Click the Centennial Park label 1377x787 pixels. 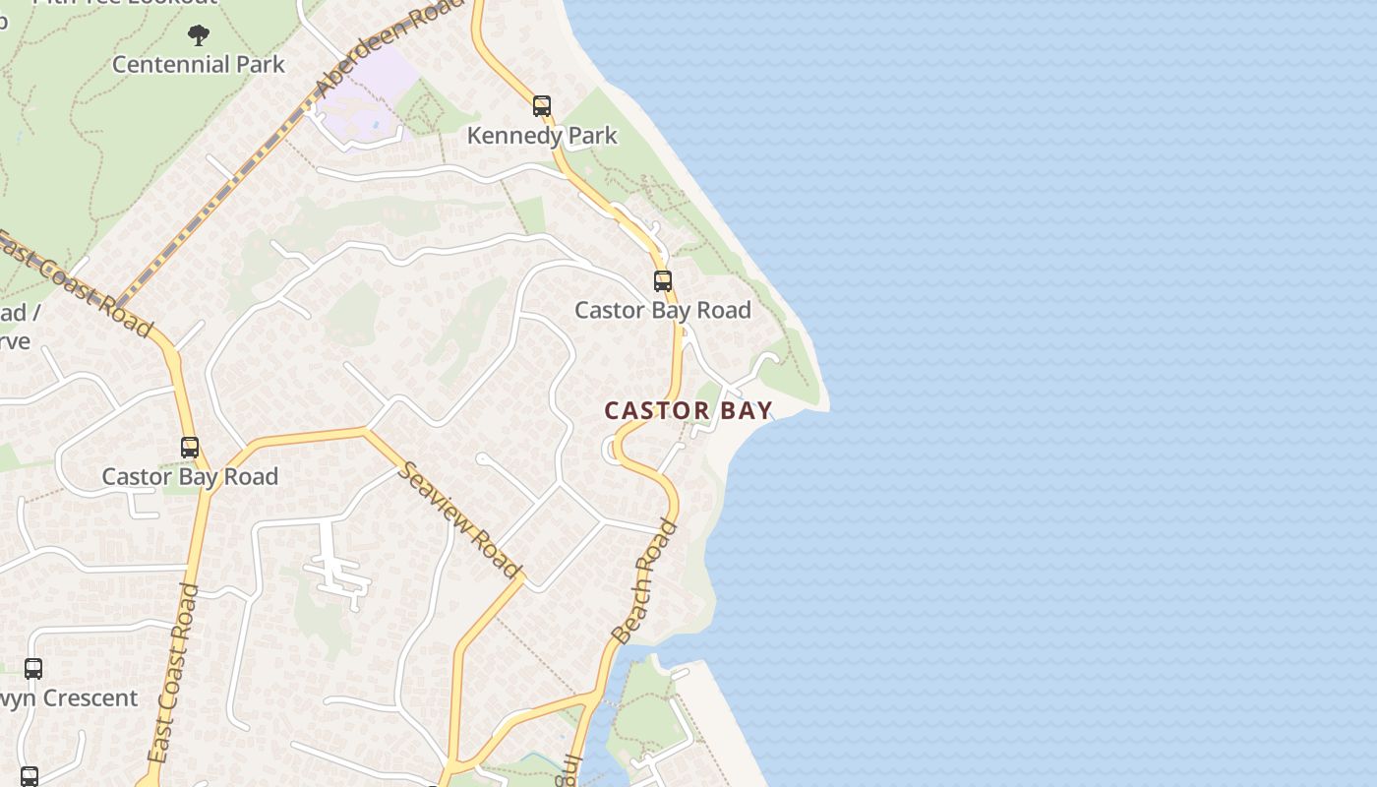198,65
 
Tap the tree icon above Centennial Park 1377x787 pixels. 199,36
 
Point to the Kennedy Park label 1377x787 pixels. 542,136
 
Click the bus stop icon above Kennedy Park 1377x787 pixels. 542,106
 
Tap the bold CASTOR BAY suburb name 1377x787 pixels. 688,410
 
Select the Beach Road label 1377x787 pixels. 645,582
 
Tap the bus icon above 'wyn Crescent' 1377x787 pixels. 33,669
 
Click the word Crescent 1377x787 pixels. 90,698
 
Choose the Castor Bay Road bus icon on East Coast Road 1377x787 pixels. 190,448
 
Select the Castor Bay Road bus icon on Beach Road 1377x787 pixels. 663,281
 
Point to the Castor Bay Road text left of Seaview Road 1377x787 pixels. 190,477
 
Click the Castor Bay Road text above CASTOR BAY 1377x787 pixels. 663,310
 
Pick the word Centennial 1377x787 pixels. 156,65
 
